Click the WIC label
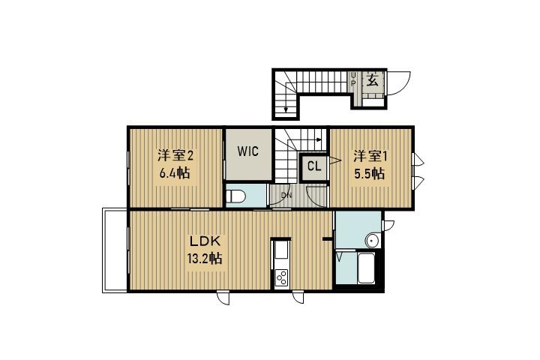coord(248,151)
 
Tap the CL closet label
coord(314,166)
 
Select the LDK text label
coord(205,241)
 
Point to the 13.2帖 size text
coord(205,258)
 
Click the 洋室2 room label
coord(175,156)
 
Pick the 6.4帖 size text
coord(175,172)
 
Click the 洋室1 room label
coord(370,157)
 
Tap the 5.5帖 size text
coord(370,173)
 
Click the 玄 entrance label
coord(372,80)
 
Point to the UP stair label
coord(353,79)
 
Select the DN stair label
coord(286,196)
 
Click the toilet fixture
coord(235,197)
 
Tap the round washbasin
coord(372,241)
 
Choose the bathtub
coord(366,268)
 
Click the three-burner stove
coord(282,277)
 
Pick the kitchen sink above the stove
coord(282,250)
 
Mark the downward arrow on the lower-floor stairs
coord(286,103)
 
